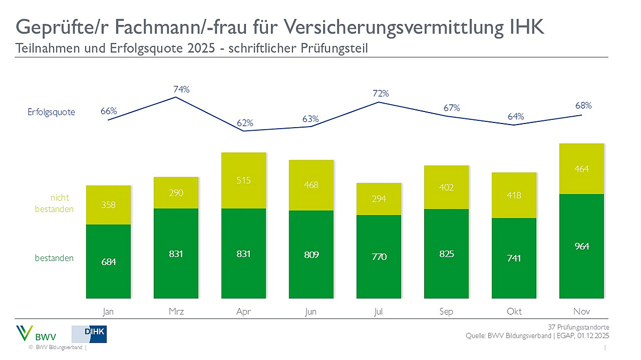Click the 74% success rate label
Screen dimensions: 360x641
pos(181,90)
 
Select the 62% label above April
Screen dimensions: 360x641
pos(244,123)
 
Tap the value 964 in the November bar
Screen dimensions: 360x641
pos(581,246)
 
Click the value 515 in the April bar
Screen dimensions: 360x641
pos(243,180)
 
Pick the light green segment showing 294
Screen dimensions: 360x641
pos(379,198)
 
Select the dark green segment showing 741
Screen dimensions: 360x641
pos(514,258)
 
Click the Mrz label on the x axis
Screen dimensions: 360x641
pos(176,312)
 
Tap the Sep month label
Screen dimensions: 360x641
pos(446,312)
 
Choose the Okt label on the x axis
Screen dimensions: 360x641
pos(514,312)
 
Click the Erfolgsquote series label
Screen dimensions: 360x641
pos(52,112)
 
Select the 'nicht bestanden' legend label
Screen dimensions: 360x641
pos(54,203)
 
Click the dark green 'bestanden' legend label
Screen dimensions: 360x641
pos(54,258)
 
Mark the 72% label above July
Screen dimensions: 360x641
pos(380,94)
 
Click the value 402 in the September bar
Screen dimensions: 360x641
pos(446,187)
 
